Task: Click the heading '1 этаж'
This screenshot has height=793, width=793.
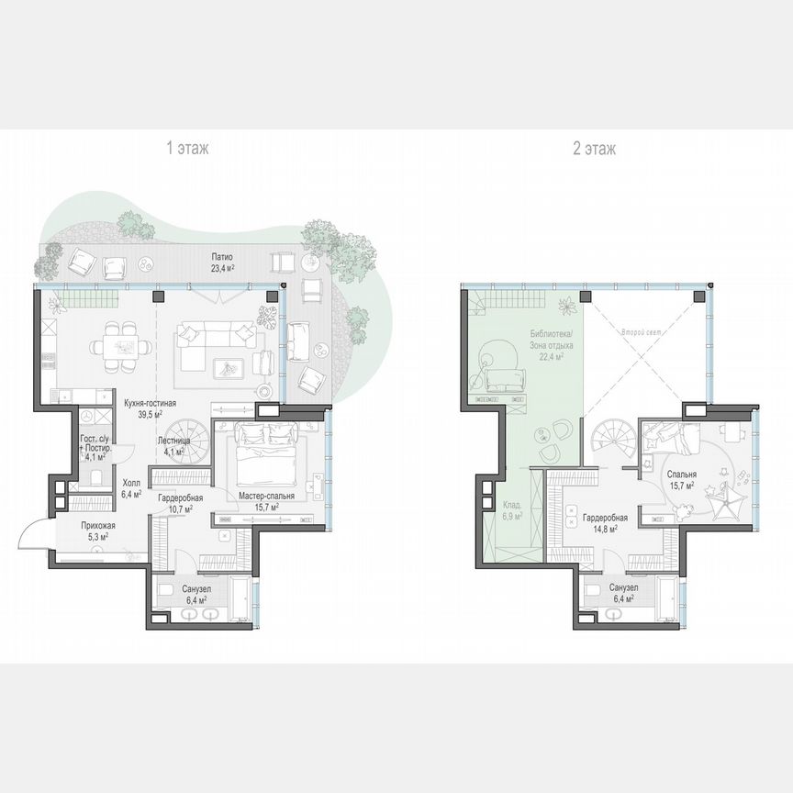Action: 186,148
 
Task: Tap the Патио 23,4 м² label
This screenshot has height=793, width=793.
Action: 221,262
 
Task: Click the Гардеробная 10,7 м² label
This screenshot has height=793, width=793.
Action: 180,503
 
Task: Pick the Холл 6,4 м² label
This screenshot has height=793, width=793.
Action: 132,487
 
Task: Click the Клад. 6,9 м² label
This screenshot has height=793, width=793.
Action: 512,511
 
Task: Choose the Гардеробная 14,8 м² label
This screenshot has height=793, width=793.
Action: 604,523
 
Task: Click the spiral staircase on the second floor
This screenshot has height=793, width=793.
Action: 609,440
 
